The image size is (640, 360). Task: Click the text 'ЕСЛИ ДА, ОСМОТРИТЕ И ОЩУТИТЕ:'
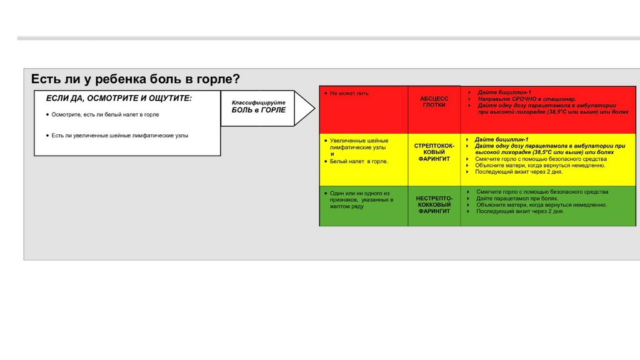(x=119, y=99)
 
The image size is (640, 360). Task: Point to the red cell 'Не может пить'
(x=349, y=93)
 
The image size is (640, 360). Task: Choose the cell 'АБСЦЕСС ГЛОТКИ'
(x=434, y=102)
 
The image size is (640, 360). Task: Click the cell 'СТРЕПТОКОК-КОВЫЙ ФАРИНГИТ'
(x=434, y=152)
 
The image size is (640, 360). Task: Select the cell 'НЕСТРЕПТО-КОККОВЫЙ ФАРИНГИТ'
(x=434, y=204)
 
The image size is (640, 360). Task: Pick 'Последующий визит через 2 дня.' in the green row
(x=520, y=211)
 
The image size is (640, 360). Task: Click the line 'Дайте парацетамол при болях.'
(x=517, y=198)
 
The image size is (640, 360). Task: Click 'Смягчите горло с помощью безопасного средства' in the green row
(x=542, y=191)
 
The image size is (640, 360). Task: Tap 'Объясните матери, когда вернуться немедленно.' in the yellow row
(x=540, y=166)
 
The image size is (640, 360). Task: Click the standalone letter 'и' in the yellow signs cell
(x=332, y=154)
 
